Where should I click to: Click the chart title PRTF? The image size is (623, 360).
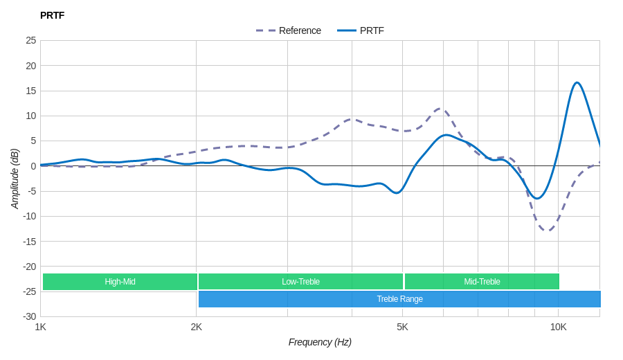tap(52, 15)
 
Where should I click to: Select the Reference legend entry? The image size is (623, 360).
tap(289, 30)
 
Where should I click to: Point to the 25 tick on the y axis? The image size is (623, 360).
tap(31, 40)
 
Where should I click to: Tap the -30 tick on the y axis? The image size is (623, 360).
tap(29, 316)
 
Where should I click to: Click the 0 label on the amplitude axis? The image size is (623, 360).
tap(33, 166)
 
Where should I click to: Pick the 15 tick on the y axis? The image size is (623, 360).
tap(31, 91)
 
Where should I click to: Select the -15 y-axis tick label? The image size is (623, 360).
tap(29, 241)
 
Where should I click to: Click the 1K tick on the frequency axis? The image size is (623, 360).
tap(41, 327)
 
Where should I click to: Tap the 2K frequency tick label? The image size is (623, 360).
tap(197, 327)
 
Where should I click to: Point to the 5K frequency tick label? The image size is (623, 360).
tap(402, 327)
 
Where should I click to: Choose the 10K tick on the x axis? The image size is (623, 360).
tap(558, 327)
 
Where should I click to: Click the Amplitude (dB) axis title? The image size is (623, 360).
tap(15, 179)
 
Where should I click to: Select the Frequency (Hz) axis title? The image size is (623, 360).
tap(320, 342)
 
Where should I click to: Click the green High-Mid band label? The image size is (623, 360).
tap(120, 282)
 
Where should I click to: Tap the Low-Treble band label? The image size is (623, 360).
tap(300, 282)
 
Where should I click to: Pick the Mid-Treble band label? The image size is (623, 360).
tap(482, 282)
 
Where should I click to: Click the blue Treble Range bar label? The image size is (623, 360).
tap(399, 299)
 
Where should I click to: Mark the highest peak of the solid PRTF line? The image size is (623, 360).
tap(577, 83)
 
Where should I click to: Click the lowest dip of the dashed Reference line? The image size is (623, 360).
tap(547, 231)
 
